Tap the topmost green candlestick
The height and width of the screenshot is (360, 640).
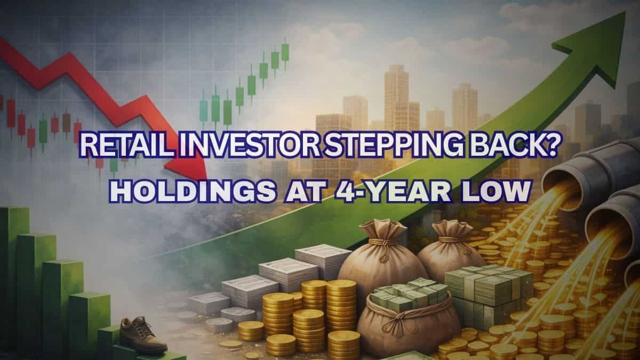285,52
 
